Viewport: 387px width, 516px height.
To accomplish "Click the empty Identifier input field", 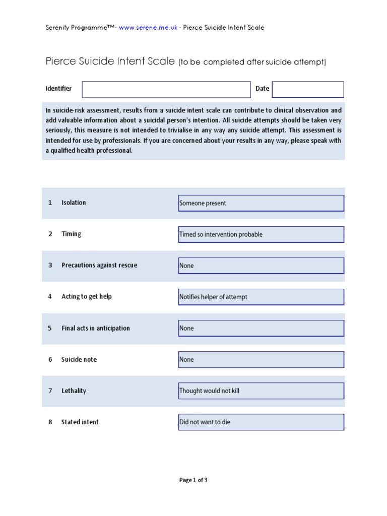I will point(166,89).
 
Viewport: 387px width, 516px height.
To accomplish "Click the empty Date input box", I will point(307,89).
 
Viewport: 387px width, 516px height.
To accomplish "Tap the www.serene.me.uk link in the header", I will point(148,28).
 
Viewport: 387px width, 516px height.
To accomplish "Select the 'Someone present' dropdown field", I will point(261,203).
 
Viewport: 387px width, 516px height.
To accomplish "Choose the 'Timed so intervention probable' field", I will point(261,234).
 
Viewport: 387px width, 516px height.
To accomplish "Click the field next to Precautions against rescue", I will point(261,266).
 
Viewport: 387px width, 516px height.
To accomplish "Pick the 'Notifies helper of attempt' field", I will point(261,297).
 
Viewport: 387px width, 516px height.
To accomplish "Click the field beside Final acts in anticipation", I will point(261,328).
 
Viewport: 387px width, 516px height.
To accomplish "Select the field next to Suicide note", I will point(261,359).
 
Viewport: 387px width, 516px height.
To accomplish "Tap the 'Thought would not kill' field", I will point(261,391).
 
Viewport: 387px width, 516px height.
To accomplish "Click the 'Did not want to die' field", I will point(261,422).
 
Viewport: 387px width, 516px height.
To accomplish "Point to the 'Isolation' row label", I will point(74,203).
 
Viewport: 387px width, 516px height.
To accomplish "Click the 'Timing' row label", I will point(71,234).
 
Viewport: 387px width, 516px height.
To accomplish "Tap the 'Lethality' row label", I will point(74,391).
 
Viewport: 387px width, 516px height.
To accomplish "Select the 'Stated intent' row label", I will point(80,422).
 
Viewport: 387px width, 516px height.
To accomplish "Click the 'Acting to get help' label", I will point(86,296).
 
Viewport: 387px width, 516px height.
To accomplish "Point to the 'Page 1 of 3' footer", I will point(193,480).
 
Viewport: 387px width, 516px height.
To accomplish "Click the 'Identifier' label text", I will point(58,89).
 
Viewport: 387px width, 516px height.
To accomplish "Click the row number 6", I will point(50,359).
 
